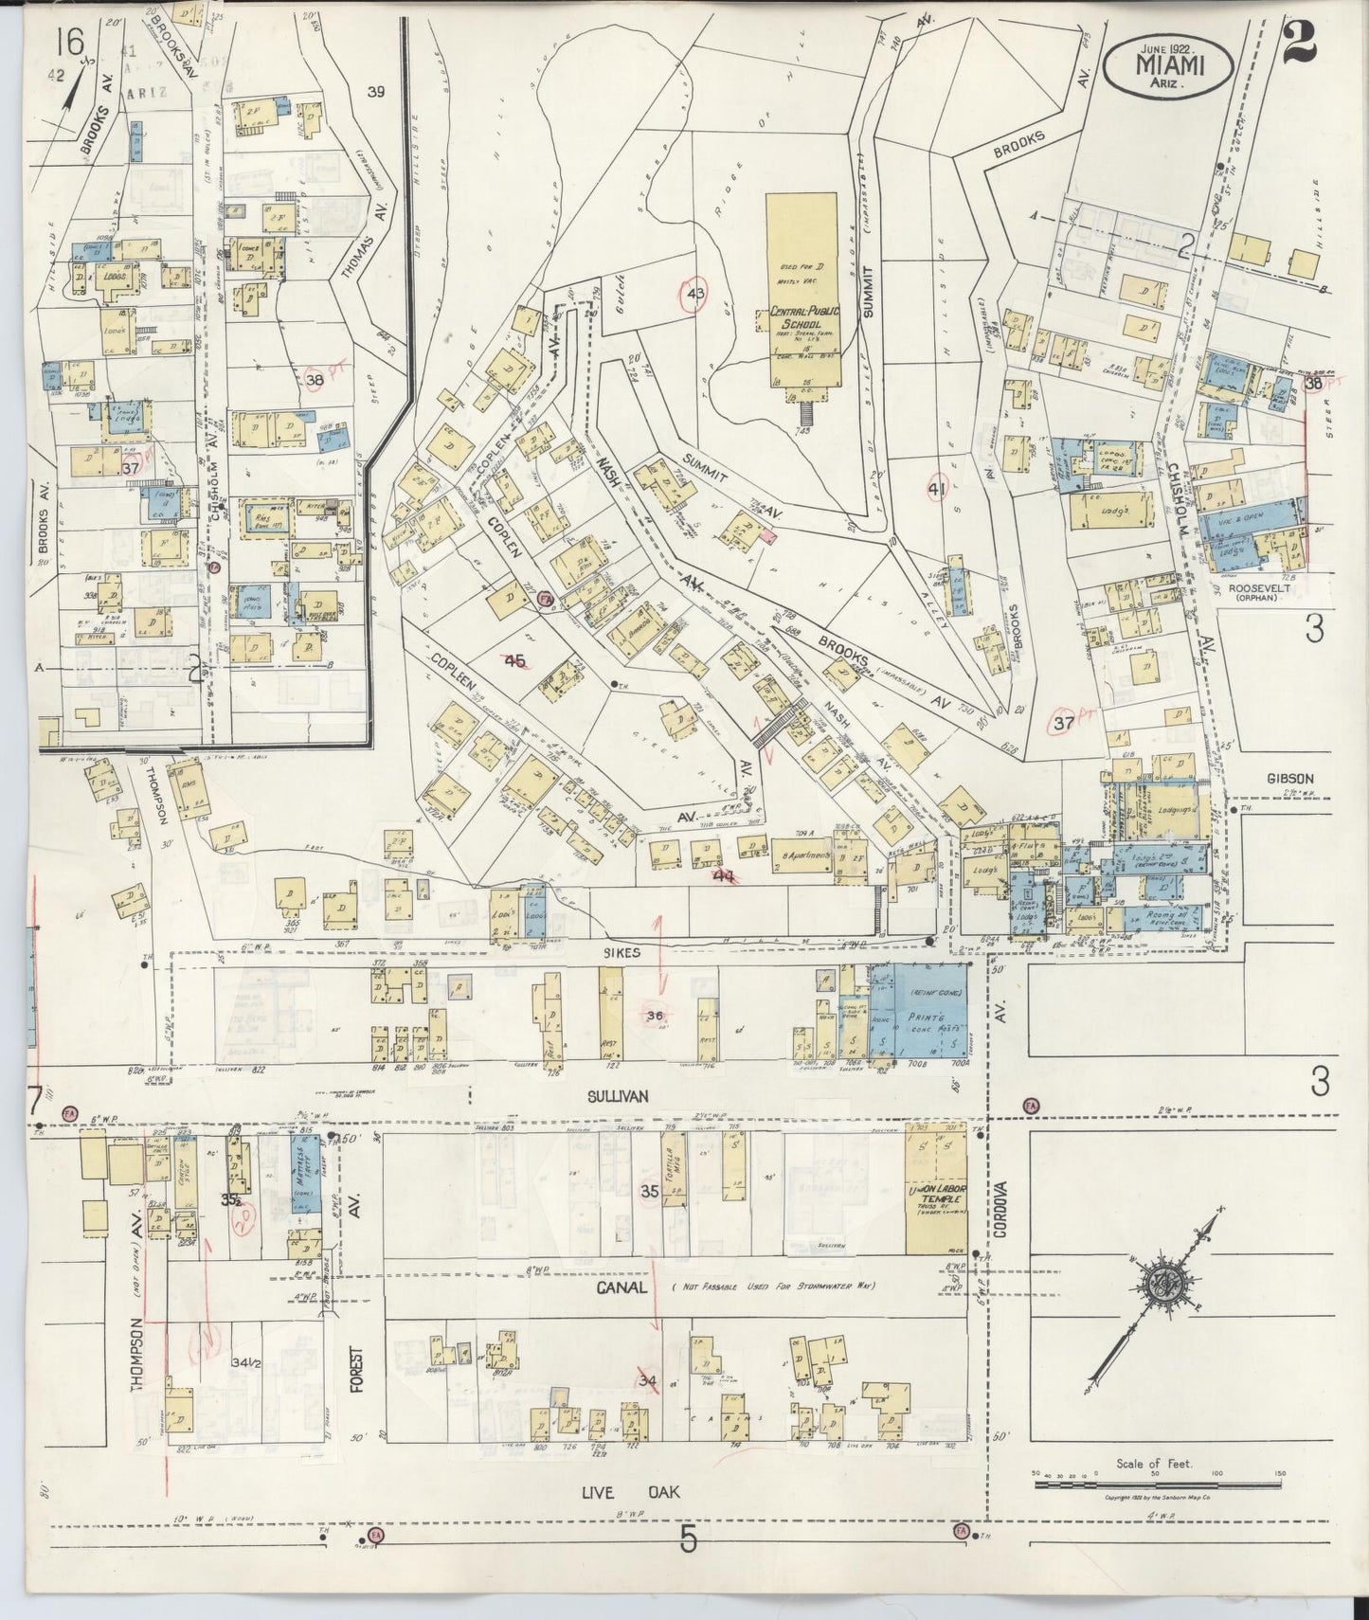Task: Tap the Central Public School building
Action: [x=801, y=294]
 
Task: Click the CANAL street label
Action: [x=621, y=1288]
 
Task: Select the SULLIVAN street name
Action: [x=617, y=1096]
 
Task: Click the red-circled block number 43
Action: [x=696, y=294]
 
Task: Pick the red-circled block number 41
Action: [x=938, y=489]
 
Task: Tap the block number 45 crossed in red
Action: [x=516, y=660]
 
